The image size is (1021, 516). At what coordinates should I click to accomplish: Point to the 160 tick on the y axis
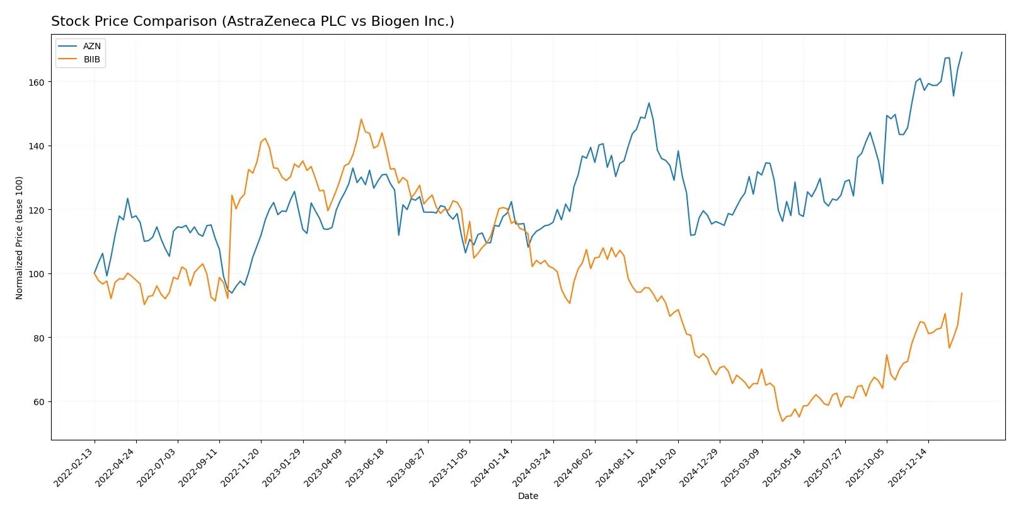(x=37, y=83)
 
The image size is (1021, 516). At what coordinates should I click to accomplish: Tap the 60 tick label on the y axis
(x=39, y=402)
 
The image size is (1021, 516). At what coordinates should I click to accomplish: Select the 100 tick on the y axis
(x=37, y=274)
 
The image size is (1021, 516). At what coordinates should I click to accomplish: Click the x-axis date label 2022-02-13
(x=74, y=467)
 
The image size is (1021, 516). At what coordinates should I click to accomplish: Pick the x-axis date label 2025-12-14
(x=908, y=467)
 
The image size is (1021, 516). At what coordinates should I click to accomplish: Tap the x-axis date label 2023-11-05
(x=449, y=467)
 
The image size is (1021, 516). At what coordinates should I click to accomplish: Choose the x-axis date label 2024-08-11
(x=616, y=467)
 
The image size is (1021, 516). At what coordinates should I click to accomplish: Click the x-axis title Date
(x=528, y=496)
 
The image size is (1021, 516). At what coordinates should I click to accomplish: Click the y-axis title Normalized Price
(x=20, y=238)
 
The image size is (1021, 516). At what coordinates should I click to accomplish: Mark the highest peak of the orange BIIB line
(x=361, y=119)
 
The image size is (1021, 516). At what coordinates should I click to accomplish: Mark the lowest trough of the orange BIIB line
(x=782, y=421)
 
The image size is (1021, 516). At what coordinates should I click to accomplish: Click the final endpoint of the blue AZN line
(x=962, y=52)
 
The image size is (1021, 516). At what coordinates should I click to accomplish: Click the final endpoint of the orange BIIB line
(x=962, y=293)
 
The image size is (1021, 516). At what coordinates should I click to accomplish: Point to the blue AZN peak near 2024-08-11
(x=649, y=103)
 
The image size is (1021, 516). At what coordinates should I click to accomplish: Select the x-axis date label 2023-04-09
(x=324, y=467)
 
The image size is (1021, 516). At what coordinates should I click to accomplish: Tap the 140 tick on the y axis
(x=37, y=146)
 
